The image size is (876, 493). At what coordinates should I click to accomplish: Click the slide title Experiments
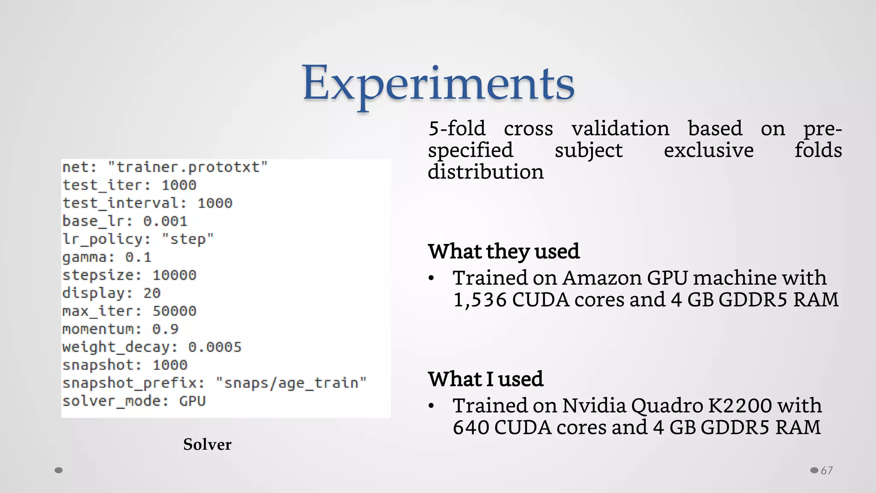[x=438, y=83]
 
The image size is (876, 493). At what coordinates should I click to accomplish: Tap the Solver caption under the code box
[x=207, y=444]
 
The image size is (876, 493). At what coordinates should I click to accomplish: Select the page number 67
[x=827, y=470]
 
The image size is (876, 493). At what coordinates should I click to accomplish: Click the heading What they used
[x=503, y=251]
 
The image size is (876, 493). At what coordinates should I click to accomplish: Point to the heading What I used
[x=485, y=379]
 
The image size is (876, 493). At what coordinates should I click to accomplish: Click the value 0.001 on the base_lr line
[x=165, y=221]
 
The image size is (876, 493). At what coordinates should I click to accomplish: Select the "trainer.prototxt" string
[x=188, y=167]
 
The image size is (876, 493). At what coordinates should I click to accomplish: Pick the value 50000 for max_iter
[x=174, y=311]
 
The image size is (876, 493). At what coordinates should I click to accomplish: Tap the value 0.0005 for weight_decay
[x=215, y=347]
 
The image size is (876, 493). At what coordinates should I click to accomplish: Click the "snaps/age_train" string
[x=291, y=383]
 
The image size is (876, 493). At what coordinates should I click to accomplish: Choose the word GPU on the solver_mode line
[x=192, y=401]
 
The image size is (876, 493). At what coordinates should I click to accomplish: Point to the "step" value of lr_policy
[x=187, y=239]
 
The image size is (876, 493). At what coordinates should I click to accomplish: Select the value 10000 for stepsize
[x=174, y=275]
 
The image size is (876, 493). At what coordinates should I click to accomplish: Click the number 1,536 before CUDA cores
[x=479, y=300]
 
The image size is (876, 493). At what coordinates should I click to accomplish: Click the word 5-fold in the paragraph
[x=457, y=129]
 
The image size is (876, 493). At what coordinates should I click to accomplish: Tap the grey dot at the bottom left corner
[x=59, y=470]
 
